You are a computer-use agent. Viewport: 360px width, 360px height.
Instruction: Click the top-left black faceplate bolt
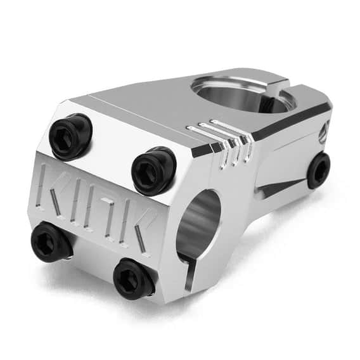[x=70, y=136]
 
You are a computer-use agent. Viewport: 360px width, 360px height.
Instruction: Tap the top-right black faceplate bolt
[x=153, y=170]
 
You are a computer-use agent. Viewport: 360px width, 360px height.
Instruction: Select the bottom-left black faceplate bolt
[x=51, y=242]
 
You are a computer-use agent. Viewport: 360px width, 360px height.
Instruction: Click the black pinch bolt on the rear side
[x=319, y=170]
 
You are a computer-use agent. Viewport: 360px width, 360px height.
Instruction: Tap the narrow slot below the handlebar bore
[x=190, y=273]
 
